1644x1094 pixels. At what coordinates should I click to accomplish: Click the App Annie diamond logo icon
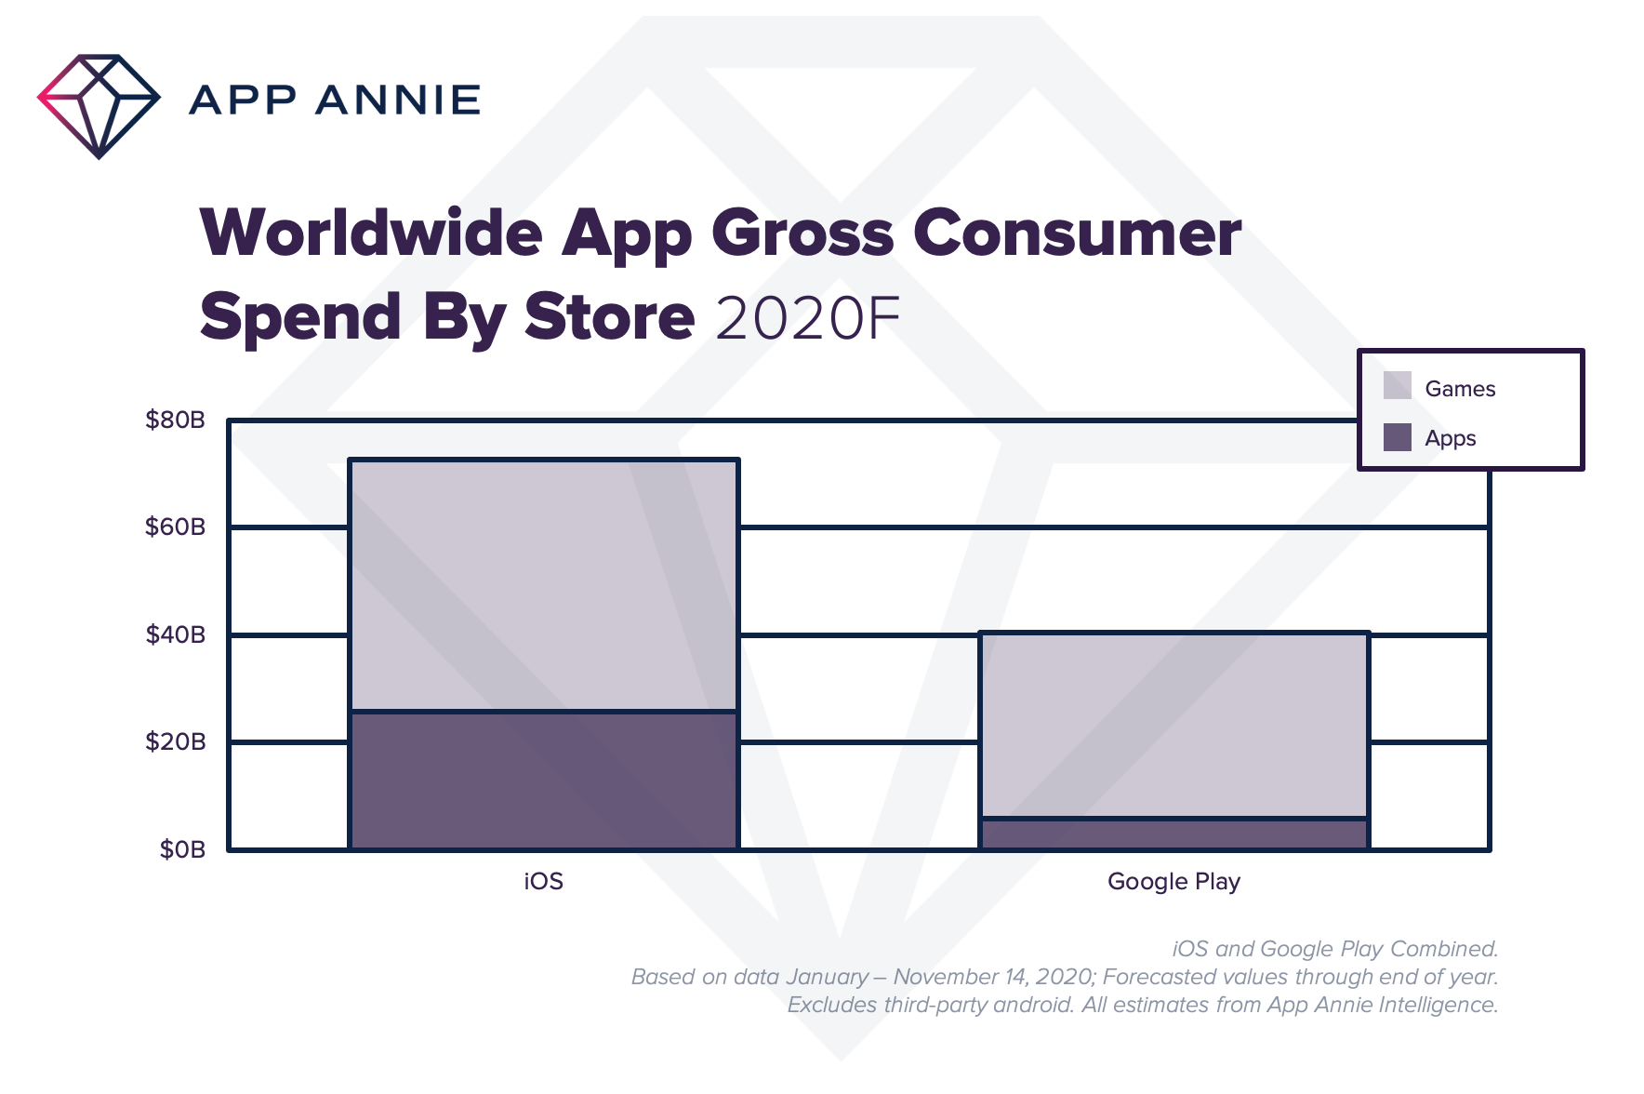[99, 105]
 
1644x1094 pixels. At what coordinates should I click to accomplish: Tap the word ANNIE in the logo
[397, 100]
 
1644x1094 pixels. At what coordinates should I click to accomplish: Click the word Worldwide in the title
[371, 233]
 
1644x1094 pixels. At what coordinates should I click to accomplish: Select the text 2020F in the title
[807, 318]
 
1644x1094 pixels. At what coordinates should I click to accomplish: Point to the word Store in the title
[609, 318]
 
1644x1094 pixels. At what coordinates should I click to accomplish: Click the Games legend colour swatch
[1397, 386]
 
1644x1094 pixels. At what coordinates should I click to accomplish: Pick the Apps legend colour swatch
[1397, 437]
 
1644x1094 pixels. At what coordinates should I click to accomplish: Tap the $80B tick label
[175, 420]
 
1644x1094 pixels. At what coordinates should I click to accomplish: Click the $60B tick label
[175, 527]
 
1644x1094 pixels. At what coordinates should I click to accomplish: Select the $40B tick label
[175, 635]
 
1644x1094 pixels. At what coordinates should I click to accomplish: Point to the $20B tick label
[175, 742]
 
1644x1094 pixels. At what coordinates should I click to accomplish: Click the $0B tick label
[182, 849]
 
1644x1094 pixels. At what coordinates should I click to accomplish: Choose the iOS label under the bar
[544, 881]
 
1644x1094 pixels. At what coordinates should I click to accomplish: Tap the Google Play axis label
[1173, 881]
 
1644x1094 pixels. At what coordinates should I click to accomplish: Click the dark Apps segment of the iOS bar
[544, 780]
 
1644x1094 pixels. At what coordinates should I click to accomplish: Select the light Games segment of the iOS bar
[544, 585]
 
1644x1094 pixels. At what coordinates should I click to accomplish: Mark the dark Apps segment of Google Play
[1173, 834]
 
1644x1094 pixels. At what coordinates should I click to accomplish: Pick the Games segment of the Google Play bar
[1173, 726]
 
